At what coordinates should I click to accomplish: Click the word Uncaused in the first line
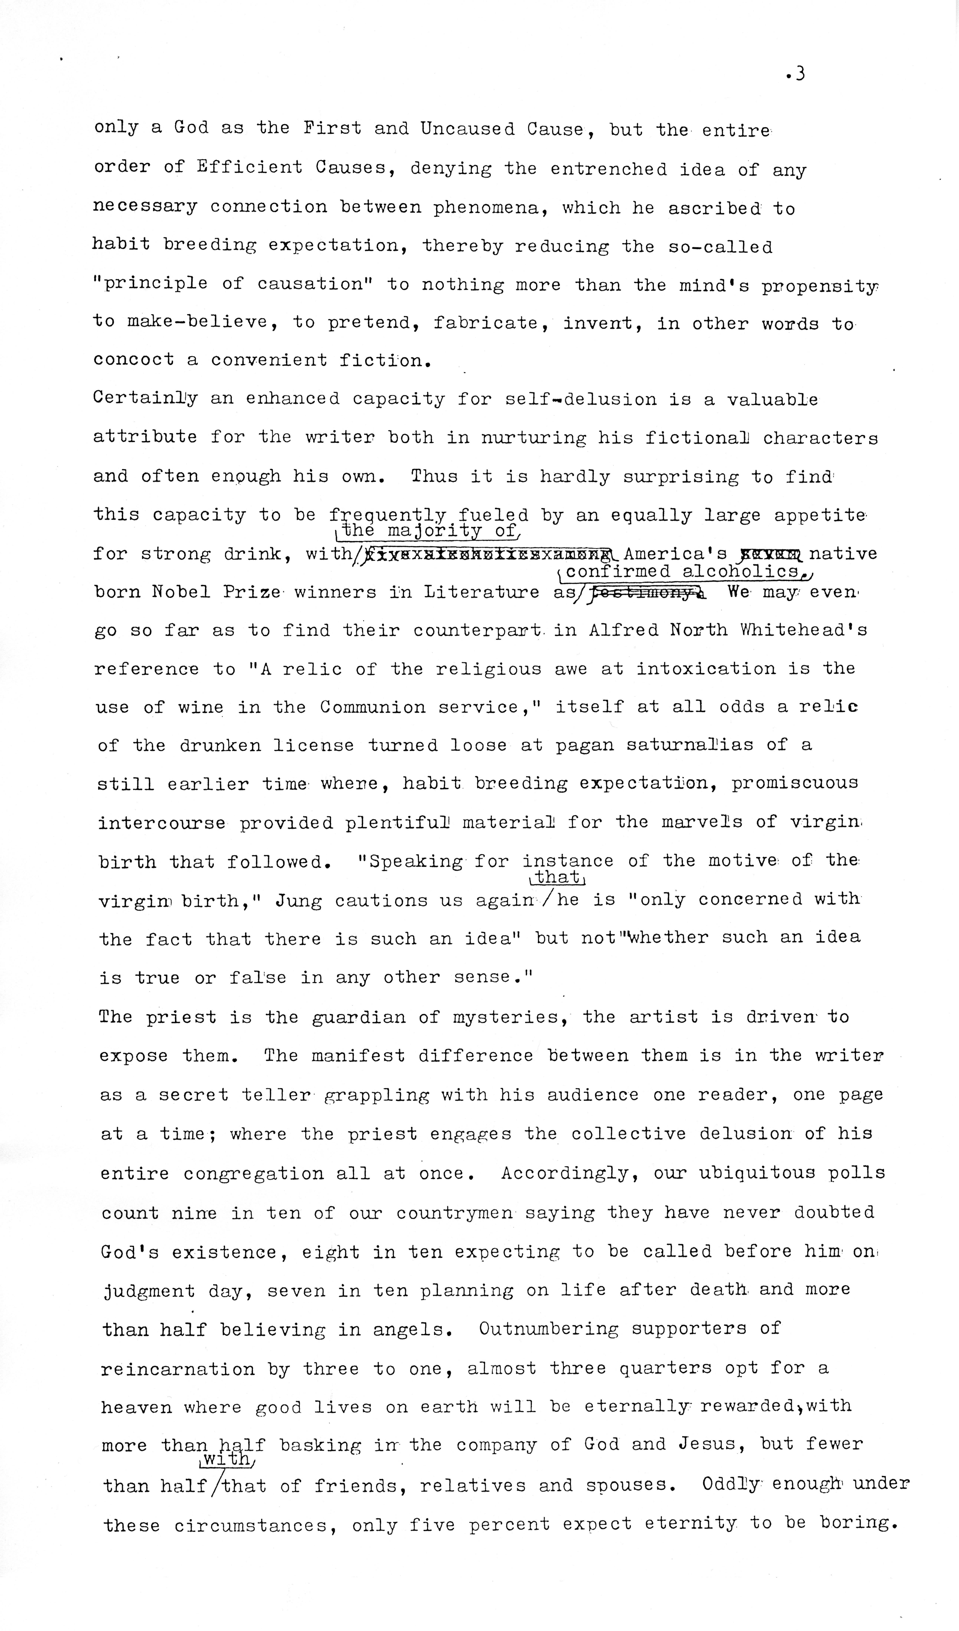click(467, 129)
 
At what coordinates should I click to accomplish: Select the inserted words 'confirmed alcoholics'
click(683, 572)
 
